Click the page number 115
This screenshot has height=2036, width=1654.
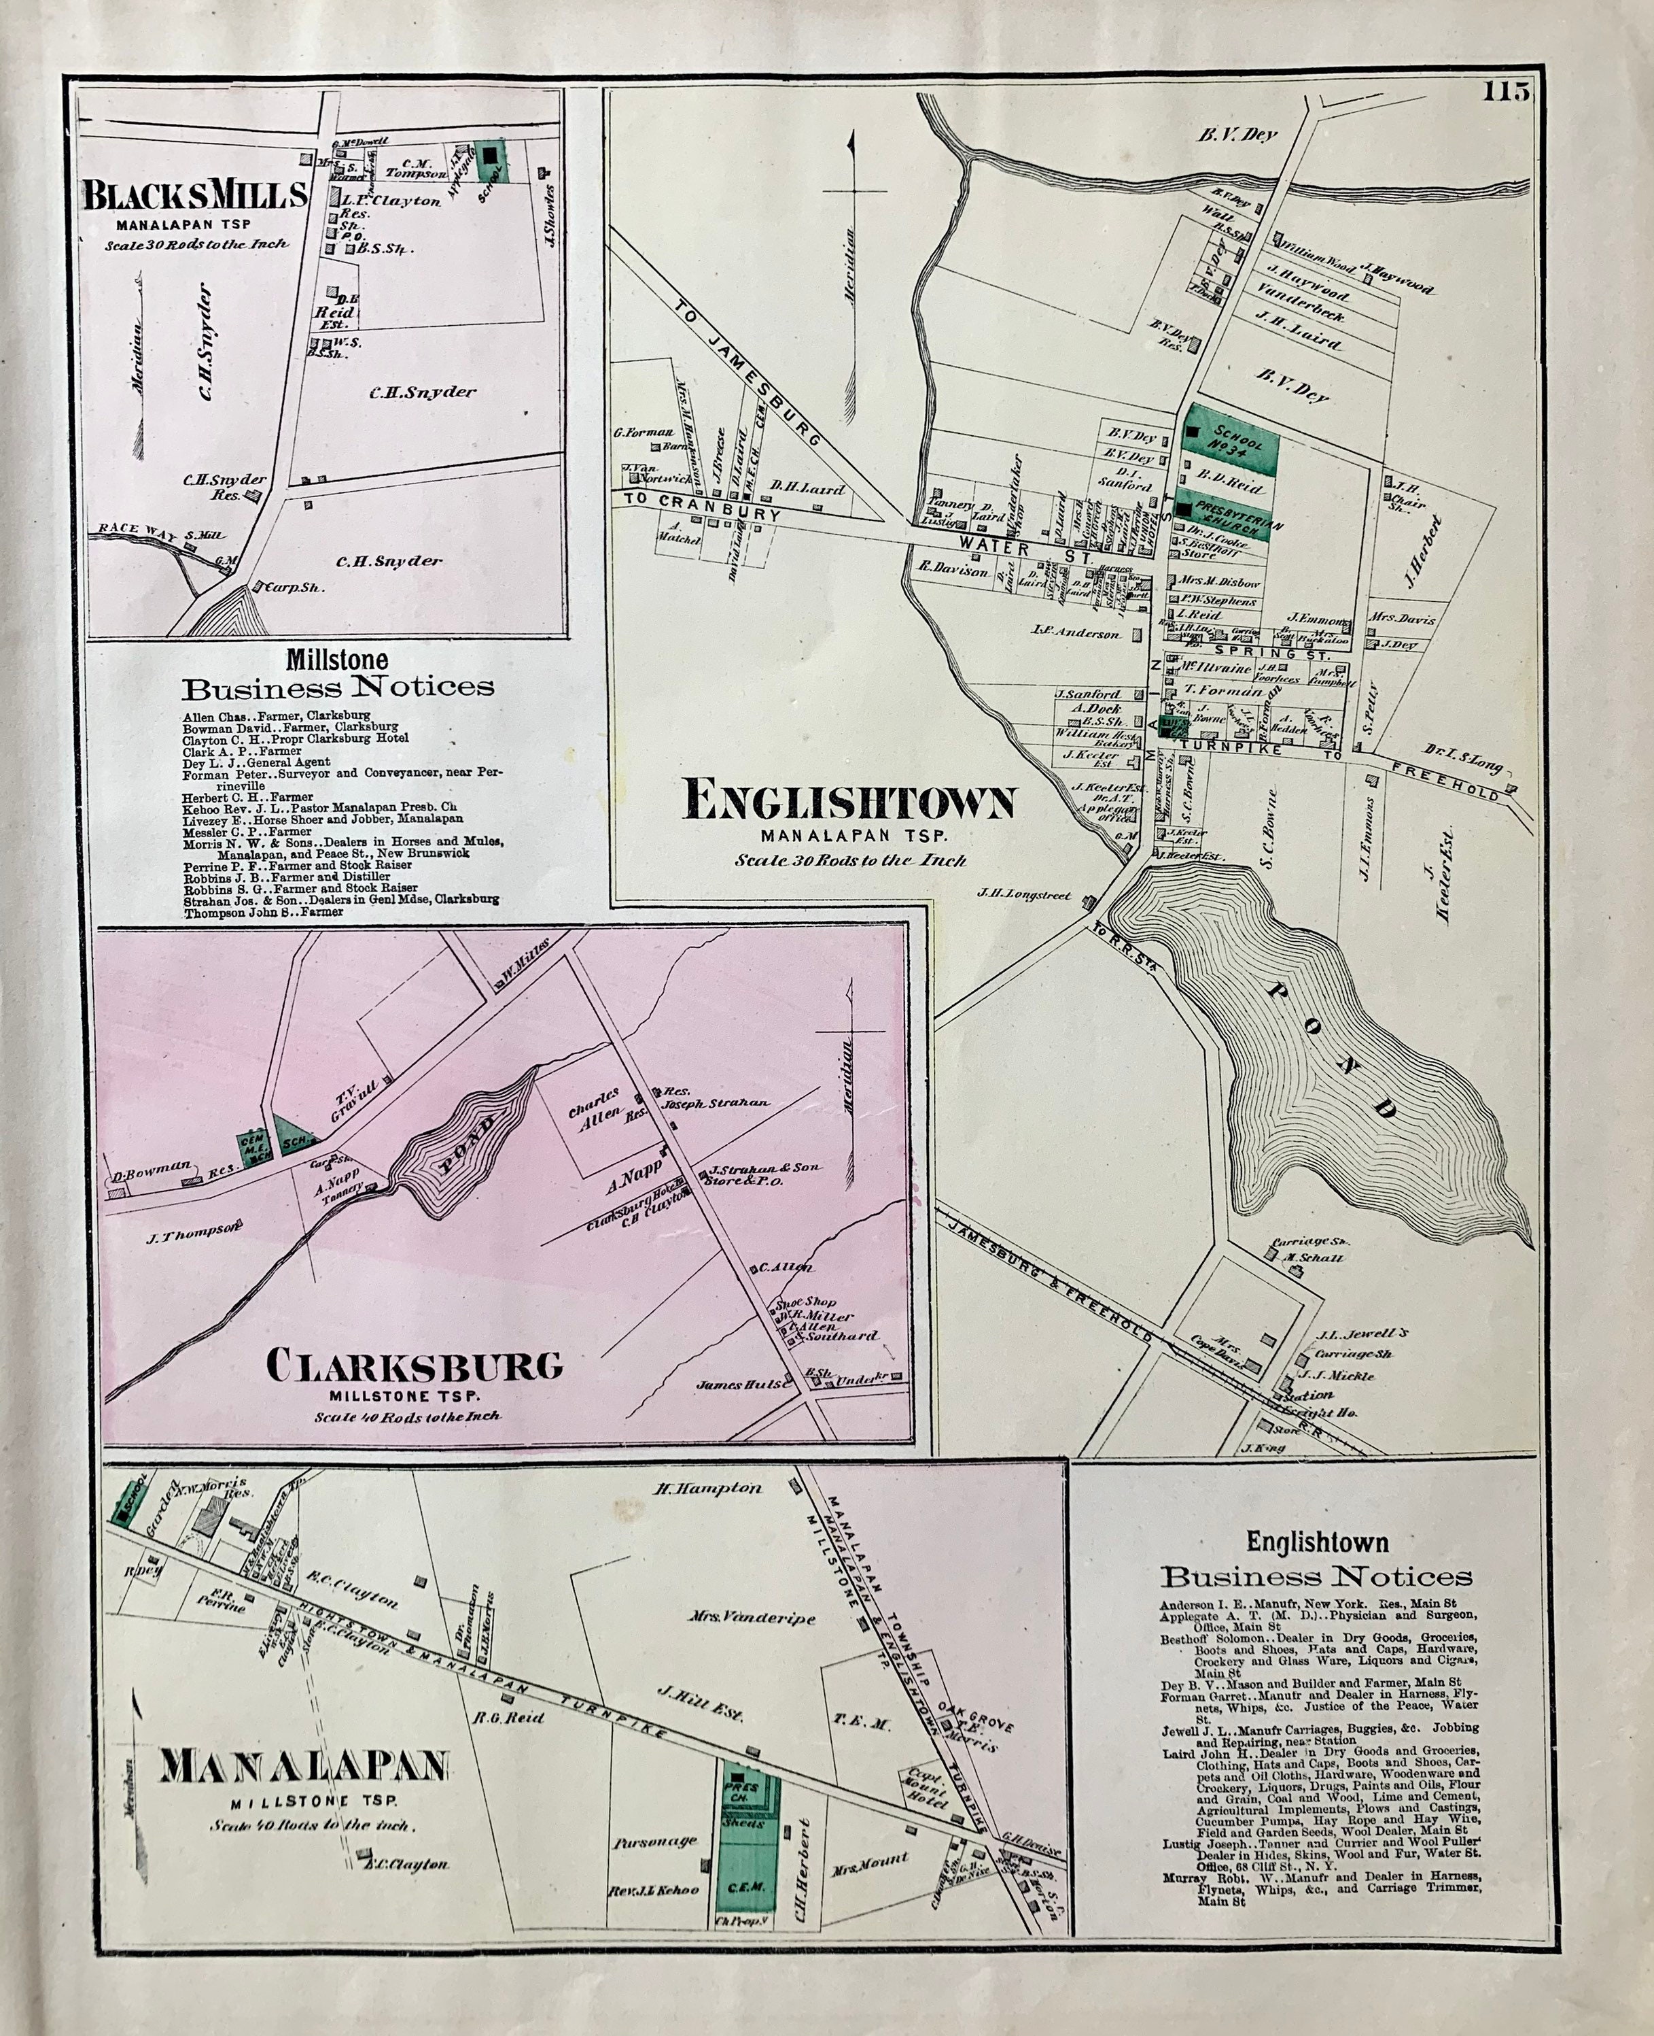(x=1505, y=92)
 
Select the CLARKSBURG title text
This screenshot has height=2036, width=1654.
(x=415, y=1366)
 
